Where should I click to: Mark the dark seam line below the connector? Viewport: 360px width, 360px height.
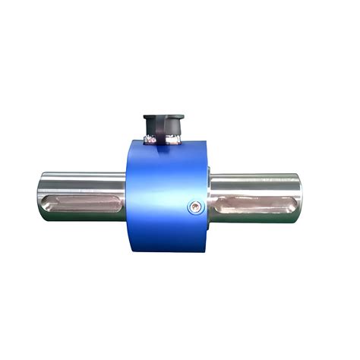[x=163, y=150]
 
